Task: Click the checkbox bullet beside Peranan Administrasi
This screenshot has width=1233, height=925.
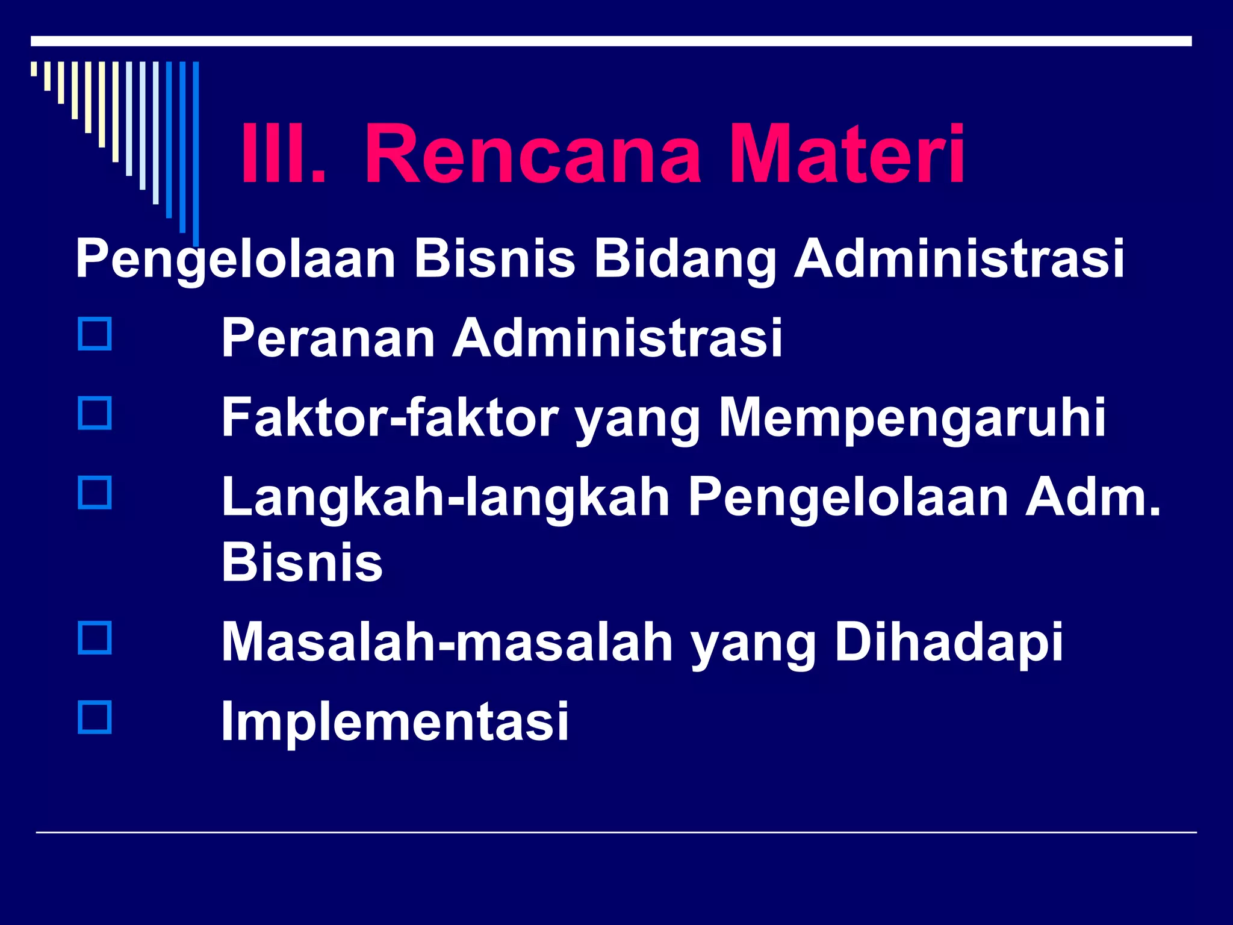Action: click(x=95, y=334)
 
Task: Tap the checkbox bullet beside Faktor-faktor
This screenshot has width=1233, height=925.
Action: click(x=95, y=413)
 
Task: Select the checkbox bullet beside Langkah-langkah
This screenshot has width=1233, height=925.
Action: click(x=95, y=493)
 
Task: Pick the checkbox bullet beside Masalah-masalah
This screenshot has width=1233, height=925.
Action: click(x=95, y=638)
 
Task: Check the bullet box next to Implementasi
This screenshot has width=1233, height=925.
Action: click(x=95, y=717)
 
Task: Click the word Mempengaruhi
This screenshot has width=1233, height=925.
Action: click(x=912, y=418)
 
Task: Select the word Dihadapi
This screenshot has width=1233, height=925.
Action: click(x=949, y=642)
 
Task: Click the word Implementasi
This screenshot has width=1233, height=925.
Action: click(x=395, y=721)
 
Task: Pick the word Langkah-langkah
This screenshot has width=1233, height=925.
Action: click(x=446, y=499)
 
